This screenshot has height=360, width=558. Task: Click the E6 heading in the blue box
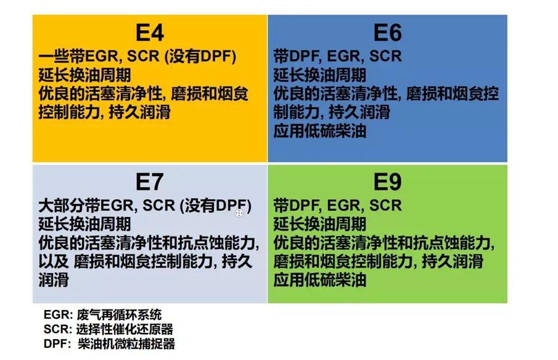pyautogui.click(x=387, y=33)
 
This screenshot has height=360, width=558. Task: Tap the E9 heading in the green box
pyautogui.click(x=387, y=182)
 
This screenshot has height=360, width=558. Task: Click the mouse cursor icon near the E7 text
pyautogui.click(x=239, y=213)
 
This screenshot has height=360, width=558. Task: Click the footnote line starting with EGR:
pyautogui.click(x=103, y=316)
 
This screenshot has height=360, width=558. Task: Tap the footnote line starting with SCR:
pyautogui.click(x=109, y=329)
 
